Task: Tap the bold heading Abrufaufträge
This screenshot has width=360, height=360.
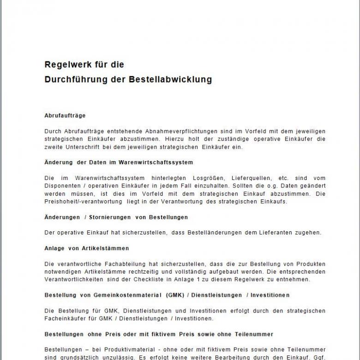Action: (65, 115)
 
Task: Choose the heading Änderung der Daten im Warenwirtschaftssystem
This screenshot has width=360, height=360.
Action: (119, 162)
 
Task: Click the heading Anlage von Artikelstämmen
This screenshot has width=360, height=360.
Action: (87, 248)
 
